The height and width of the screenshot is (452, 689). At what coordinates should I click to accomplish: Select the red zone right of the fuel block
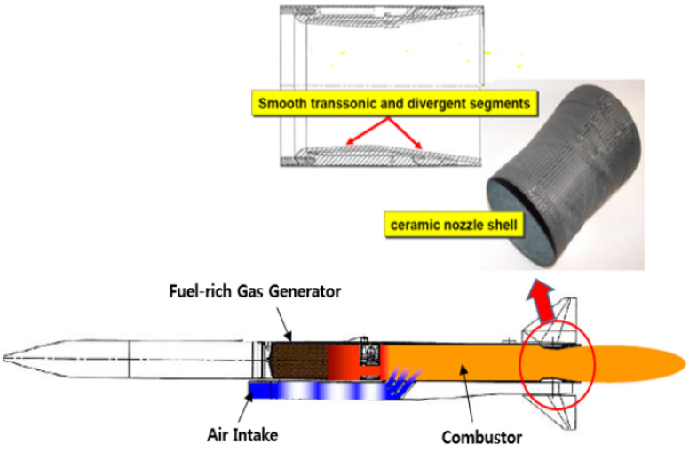[x=342, y=361]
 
